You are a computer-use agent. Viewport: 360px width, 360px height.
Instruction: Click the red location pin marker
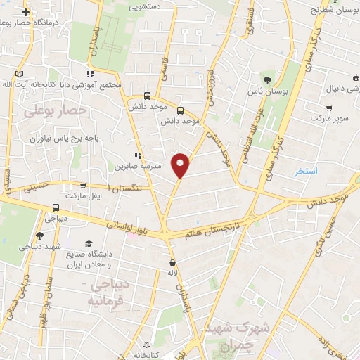181,165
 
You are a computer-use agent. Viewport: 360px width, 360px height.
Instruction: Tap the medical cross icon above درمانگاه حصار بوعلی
25,12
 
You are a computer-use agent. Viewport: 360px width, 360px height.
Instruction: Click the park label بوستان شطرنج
335,11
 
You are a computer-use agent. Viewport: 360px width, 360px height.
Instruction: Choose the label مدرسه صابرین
138,168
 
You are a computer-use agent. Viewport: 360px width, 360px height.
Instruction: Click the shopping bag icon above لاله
172,259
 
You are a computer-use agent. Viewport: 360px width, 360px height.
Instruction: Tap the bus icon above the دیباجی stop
55,207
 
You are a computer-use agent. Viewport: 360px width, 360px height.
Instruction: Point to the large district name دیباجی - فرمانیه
108,292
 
